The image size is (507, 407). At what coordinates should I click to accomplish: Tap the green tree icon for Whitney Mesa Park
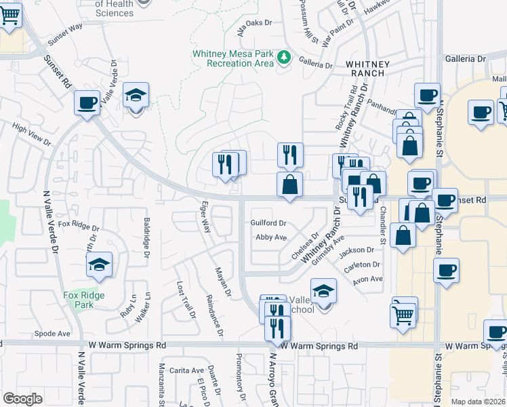click(x=285, y=58)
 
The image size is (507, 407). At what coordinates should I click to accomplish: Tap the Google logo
click(x=22, y=398)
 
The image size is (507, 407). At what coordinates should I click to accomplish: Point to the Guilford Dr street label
click(x=268, y=222)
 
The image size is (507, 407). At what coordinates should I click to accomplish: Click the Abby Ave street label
click(x=271, y=237)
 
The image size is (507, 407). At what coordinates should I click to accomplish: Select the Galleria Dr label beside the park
click(x=316, y=65)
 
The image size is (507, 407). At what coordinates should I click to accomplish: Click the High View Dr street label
click(x=31, y=134)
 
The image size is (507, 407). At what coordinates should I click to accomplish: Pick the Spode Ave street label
click(x=53, y=334)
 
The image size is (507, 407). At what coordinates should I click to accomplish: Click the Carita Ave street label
click(x=187, y=370)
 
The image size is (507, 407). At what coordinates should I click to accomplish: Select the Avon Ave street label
click(x=368, y=278)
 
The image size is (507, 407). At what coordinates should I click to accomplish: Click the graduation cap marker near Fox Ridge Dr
click(x=100, y=265)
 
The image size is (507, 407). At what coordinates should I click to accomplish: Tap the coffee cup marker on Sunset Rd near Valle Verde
click(x=87, y=103)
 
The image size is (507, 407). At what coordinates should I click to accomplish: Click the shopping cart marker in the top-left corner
click(x=9, y=14)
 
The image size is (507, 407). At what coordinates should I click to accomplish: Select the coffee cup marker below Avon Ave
click(x=447, y=271)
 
